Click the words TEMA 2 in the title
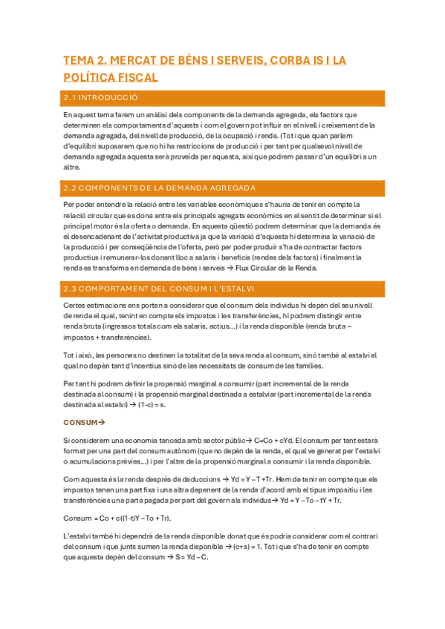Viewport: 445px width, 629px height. pyautogui.click(x=85, y=61)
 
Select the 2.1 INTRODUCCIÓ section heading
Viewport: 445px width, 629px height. pyautogui.click(x=100, y=98)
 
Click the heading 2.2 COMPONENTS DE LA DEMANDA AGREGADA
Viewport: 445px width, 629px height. pyautogui.click(x=160, y=188)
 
